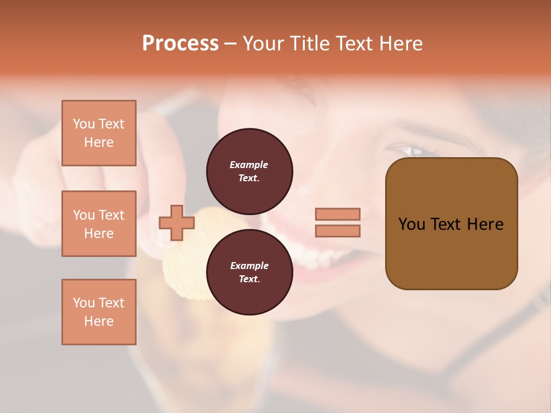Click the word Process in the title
180,44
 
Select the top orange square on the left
99,133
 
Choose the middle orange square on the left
99,224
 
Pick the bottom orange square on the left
99,312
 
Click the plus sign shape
176,223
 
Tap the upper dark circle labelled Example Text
250,171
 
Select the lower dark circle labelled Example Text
250,272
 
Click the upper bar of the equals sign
337,214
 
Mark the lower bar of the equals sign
337,231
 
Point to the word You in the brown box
412,224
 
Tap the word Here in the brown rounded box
485,224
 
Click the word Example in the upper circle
249,165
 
